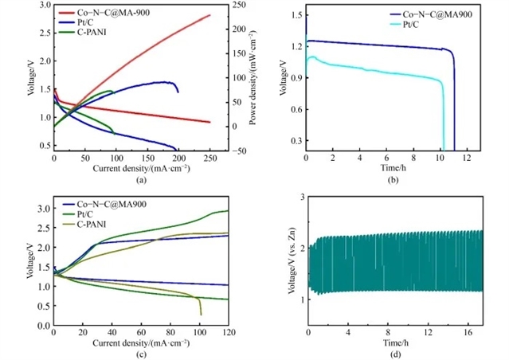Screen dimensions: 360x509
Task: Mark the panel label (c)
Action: [x=141, y=353]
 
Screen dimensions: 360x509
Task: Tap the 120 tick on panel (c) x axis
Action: [x=228, y=332]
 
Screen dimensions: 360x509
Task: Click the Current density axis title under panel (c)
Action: [x=141, y=342]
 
